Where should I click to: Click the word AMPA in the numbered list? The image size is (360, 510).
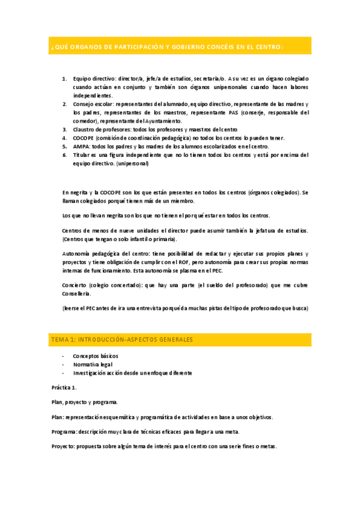81,146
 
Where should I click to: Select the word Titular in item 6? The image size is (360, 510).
82,155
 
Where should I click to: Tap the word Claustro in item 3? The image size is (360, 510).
85,129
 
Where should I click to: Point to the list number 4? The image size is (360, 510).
64,138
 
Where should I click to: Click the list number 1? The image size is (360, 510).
64,79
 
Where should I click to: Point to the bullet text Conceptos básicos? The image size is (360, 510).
96,356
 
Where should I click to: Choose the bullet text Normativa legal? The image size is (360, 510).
93,364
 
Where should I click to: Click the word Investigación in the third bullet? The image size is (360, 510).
91,373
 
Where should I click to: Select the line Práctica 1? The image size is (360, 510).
64,387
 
